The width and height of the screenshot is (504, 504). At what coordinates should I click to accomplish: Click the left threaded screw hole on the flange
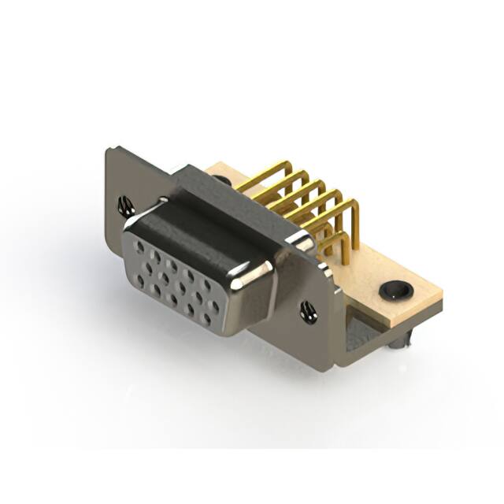click(x=125, y=207)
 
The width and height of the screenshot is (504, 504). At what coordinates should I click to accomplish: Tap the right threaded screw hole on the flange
click(x=308, y=312)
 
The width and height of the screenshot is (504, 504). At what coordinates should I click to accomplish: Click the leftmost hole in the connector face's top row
click(x=140, y=247)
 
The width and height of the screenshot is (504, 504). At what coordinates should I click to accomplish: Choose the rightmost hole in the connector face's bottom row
click(x=206, y=318)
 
